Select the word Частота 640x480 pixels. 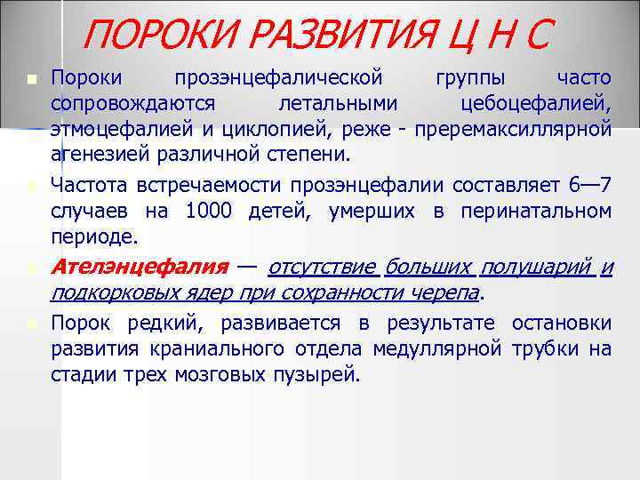pos(91,187)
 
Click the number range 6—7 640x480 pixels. pos(588,187)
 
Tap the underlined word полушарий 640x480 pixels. pos(537,267)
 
